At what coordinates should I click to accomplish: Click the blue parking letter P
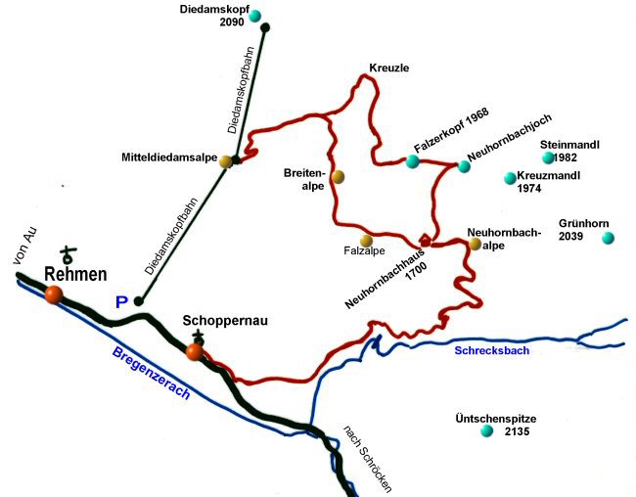[x=121, y=302]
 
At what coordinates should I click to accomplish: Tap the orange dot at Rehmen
[x=53, y=293]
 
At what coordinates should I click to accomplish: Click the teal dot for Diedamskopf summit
[x=265, y=27]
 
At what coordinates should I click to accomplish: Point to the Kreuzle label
[x=388, y=68]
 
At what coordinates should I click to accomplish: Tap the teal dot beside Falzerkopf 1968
[x=412, y=160]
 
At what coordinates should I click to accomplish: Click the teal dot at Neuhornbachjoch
[x=464, y=166]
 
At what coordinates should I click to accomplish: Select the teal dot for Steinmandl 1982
[x=548, y=158]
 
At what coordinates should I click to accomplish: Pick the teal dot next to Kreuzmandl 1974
[x=509, y=178]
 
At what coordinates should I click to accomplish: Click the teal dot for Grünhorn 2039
[x=608, y=238]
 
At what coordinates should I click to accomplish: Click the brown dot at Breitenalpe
[x=338, y=177]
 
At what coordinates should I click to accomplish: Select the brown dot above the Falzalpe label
[x=366, y=240]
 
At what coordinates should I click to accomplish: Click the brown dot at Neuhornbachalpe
[x=476, y=244]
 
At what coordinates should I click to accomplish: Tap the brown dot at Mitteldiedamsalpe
[x=226, y=161]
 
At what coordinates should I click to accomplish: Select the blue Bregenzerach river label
[x=153, y=376]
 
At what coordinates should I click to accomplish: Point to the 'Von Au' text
[x=23, y=246]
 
